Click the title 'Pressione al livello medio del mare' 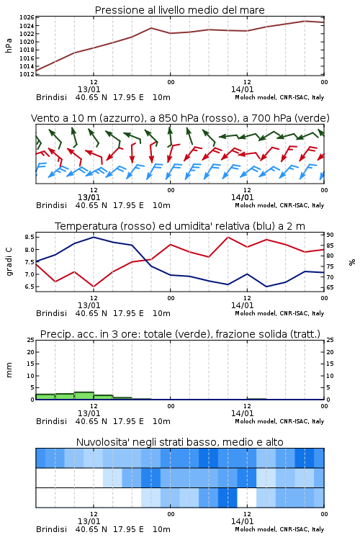tap(179, 10)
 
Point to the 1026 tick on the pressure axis tap(27, 17)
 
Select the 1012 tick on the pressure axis tap(27, 74)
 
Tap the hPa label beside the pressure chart tap(9, 45)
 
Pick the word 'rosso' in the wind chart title tap(215, 118)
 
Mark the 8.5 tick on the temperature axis tap(30, 237)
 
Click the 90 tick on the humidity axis tap(330, 235)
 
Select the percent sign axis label tap(352, 262)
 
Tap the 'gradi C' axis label tap(9, 262)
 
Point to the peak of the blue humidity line tap(94, 237)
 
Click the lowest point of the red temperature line tap(94, 287)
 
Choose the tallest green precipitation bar tap(84, 396)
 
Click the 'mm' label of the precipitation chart tap(9, 370)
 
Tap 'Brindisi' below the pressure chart tap(51, 97)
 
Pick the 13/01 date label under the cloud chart tap(89, 521)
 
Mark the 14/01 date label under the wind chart tap(242, 198)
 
